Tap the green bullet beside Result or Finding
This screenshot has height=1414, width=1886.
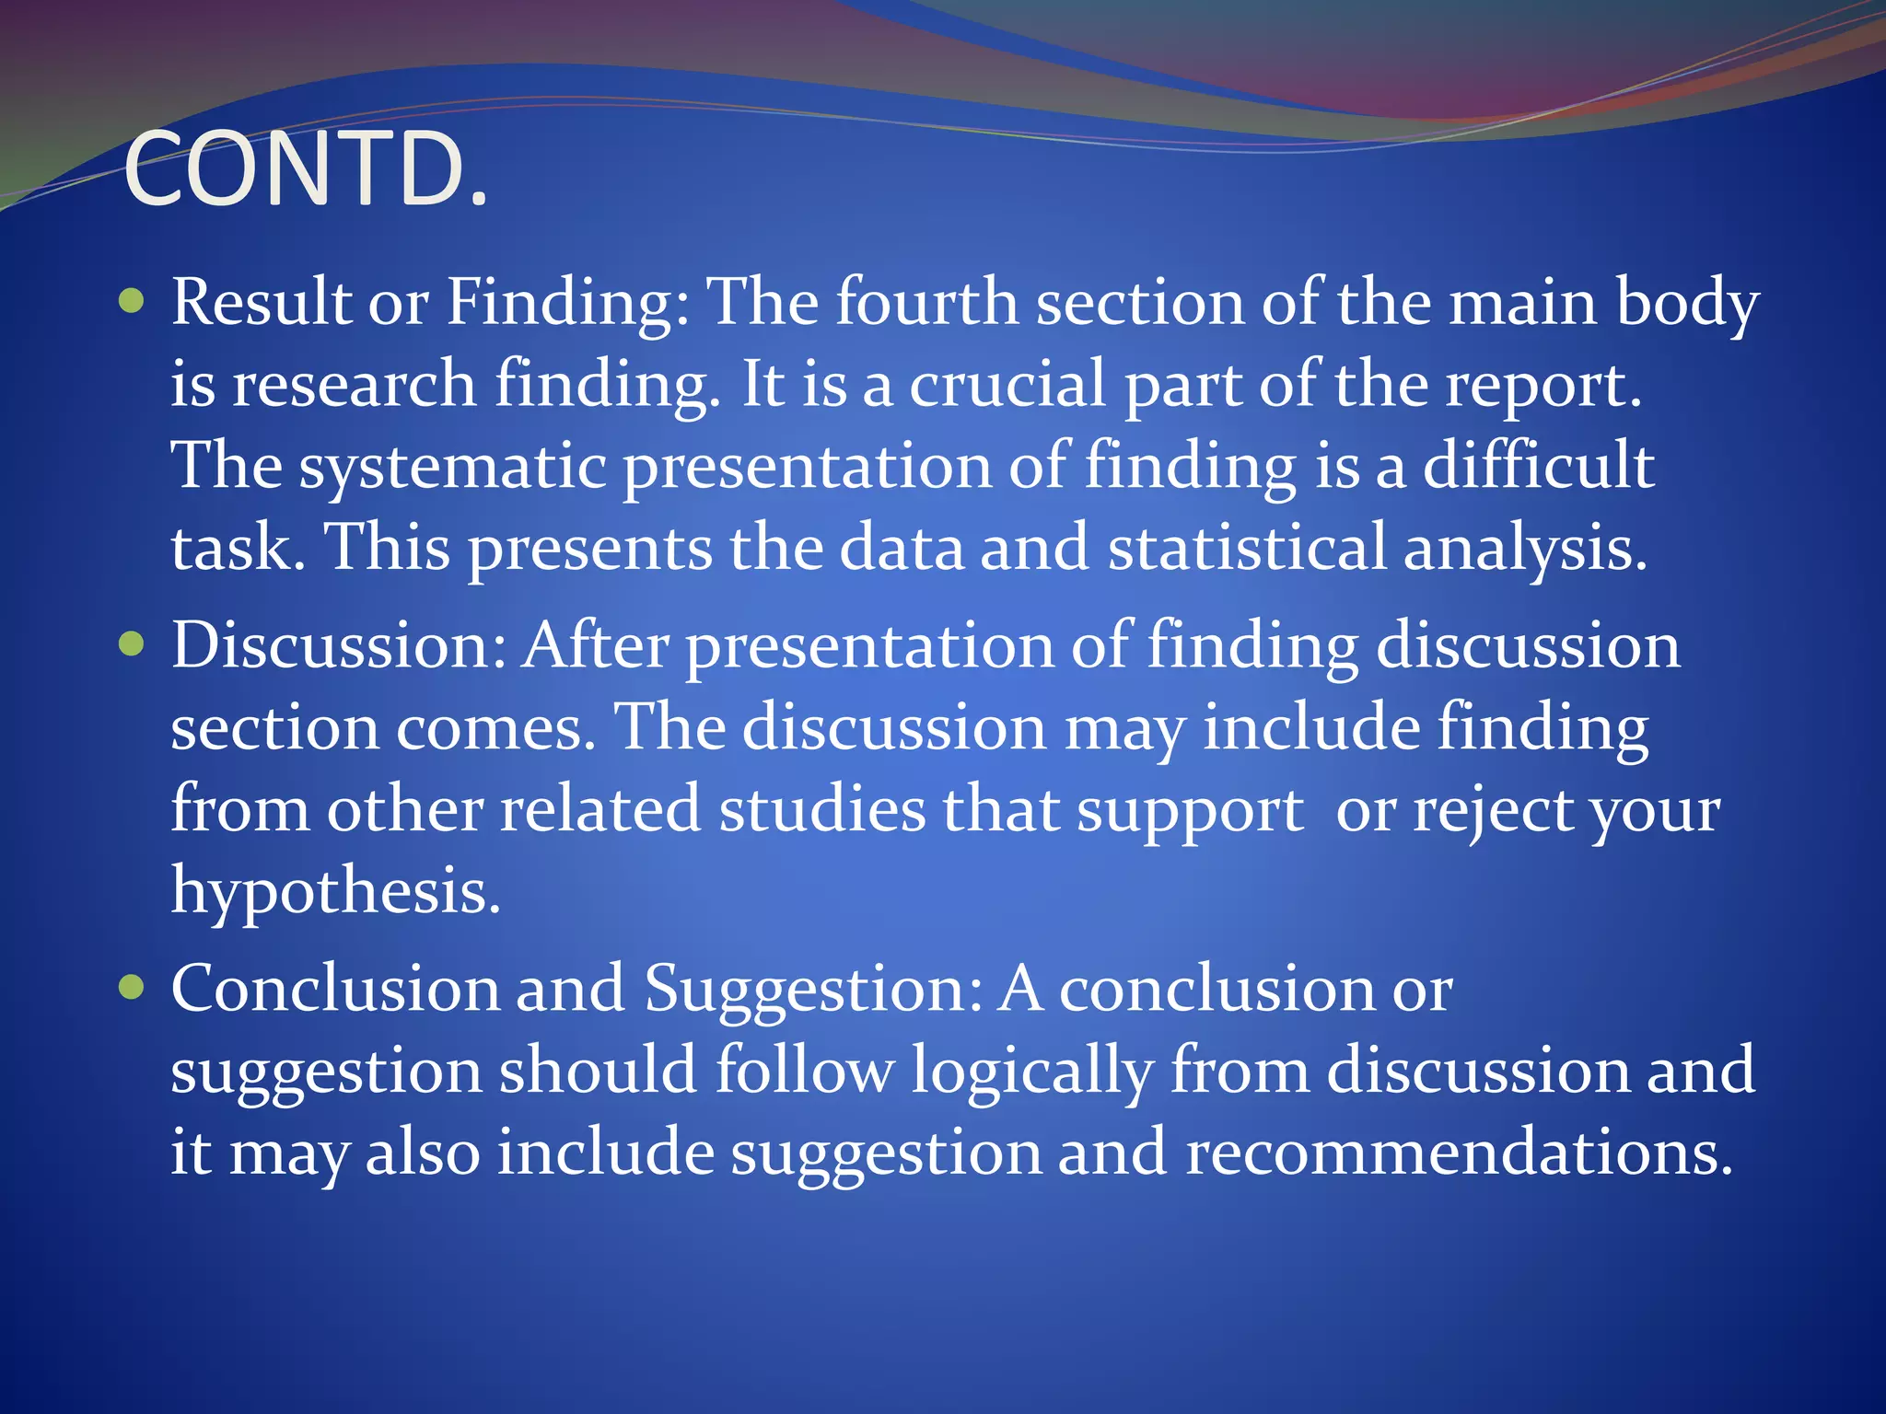[133, 300]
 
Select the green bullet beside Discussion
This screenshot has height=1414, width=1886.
[133, 643]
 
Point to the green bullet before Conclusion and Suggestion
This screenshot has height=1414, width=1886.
[133, 988]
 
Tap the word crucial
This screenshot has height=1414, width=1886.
[1007, 384]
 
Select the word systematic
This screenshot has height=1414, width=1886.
[452, 467]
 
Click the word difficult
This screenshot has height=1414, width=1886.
[1539, 465]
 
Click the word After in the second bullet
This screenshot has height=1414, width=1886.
[596, 645]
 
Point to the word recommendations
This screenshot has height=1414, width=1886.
[1459, 1153]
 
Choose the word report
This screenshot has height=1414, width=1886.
[1543, 386]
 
